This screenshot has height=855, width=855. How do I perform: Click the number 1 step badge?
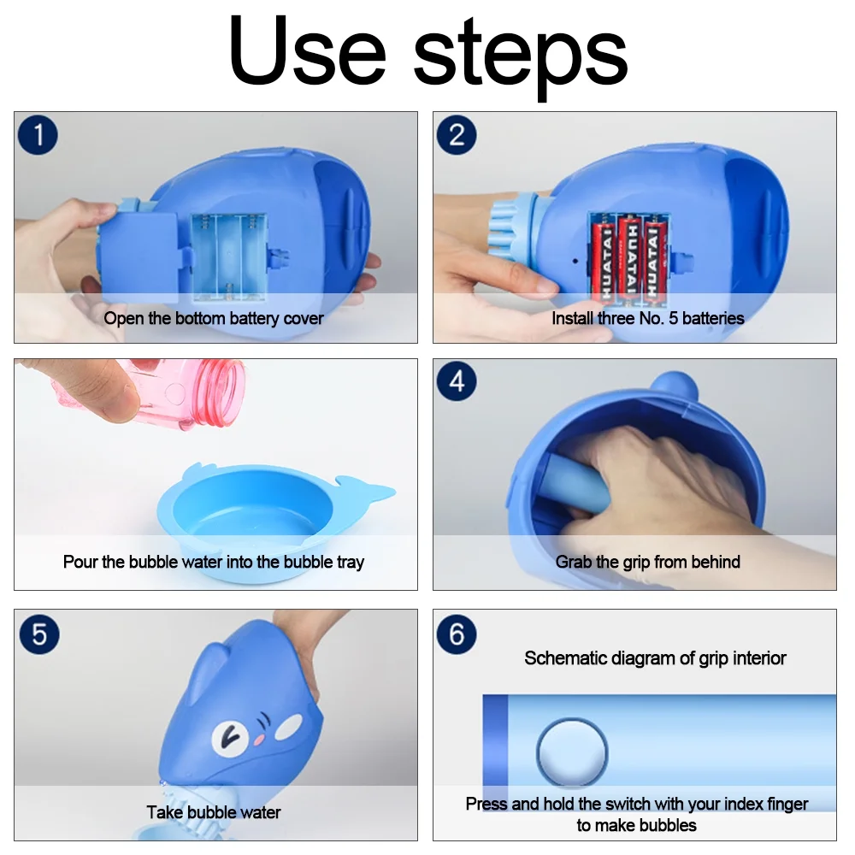click(x=38, y=135)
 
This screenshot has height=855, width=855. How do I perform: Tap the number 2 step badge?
click(x=457, y=135)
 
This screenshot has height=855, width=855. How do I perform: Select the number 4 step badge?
click(x=457, y=381)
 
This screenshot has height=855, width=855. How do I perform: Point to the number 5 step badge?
click(x=39, y=634)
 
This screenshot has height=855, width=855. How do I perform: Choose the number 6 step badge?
click(x=457, y=634)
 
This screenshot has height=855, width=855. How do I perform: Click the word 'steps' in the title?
click(x=521, y=57)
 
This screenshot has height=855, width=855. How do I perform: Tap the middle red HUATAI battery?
click(x=630, y=258)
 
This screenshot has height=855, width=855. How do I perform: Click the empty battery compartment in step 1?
click(x=229, y=257)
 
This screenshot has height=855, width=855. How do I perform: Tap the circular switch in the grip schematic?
click(x=571, y=752)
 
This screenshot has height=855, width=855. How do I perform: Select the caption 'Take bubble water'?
click(x=214, y=812)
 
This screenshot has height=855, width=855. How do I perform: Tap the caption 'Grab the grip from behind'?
click(x=648, y=563)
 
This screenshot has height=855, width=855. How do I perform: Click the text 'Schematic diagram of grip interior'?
click(x=655, y=658)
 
